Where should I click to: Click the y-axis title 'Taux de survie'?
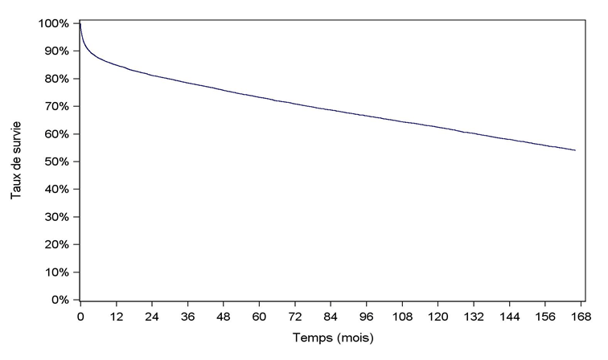[x=15, y=161]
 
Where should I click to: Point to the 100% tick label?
[x=55, y=23]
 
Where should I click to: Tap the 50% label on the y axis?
[x=58, y=162]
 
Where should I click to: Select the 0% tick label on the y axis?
[x=61, y=300]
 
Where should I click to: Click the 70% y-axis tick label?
[x=58, y=106]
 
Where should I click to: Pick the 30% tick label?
[x=58, y=217]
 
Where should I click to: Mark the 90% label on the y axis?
[x=58, y=51]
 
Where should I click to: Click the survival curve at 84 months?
[x=331, y=108]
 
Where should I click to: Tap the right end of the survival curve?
[x=575, y=150]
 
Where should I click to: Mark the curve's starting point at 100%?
[x=80, y=24]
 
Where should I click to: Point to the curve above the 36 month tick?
[x=187, y=82]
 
